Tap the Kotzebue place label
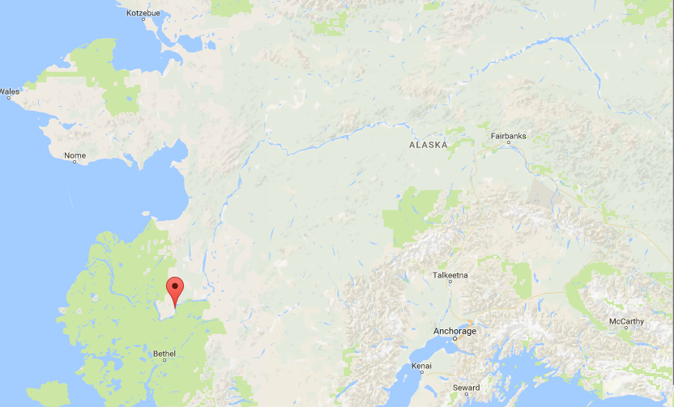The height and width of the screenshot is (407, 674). [x=144, y=14]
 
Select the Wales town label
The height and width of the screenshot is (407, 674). [x=9, y=91]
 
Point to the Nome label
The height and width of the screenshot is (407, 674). [x=75, y=155]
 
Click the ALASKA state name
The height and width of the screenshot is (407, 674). [x=428, y=145]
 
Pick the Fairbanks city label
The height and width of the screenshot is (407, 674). [x=508, y=136]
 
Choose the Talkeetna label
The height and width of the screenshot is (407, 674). [x=450, y=276]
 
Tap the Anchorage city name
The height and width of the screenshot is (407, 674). [x=454, y=331]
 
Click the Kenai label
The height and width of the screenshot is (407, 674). [x=421, y=366]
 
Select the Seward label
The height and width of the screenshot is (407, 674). [x=466, y=388]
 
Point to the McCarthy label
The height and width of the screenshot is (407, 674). [x=626, y=321]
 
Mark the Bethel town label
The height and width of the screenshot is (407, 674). [x=164, y=353]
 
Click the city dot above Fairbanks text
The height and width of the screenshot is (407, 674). [x=509, y=142]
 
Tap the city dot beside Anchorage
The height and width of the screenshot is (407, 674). [x=454, y=338]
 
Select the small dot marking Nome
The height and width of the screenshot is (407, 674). [x=75, y=161]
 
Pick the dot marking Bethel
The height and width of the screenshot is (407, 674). [x=164, y=359]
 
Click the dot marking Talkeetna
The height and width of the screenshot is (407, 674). [x=450, y=282]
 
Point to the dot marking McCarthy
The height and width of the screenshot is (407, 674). [x=626, y=328]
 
